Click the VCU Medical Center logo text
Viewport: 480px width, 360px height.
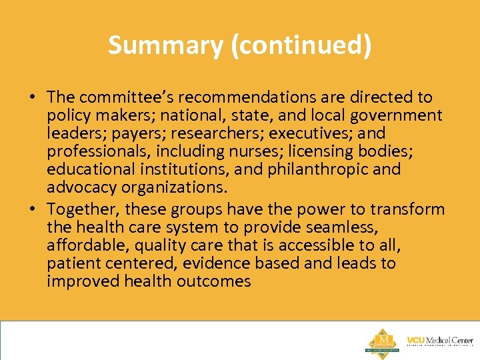440,341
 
